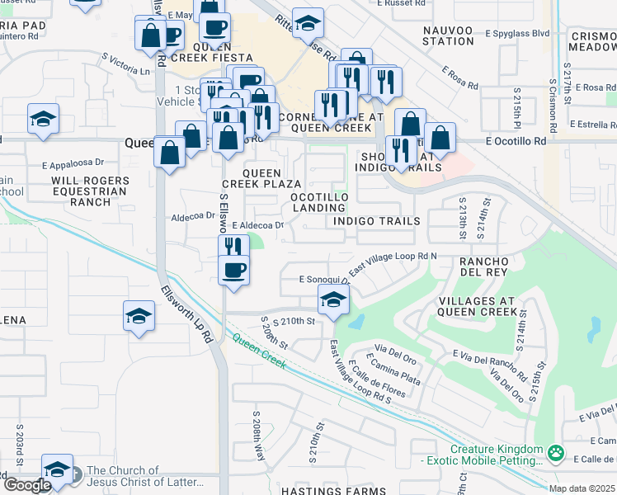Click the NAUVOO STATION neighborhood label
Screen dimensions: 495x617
click(x=448, y=35)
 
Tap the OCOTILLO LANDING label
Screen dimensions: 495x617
click(x=318, y=203)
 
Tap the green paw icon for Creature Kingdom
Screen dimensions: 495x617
click(x=557, y=452)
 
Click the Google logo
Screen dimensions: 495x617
click(x=27, y=485)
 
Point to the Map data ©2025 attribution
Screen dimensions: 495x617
click(x=582, y=488)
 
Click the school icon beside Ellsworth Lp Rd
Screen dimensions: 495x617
click(x=139, y=316)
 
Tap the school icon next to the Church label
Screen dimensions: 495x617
click(x=56, y=469)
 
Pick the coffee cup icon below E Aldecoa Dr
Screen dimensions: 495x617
click(x=233, y=270)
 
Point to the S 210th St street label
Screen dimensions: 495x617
click(x=288, y=320)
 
